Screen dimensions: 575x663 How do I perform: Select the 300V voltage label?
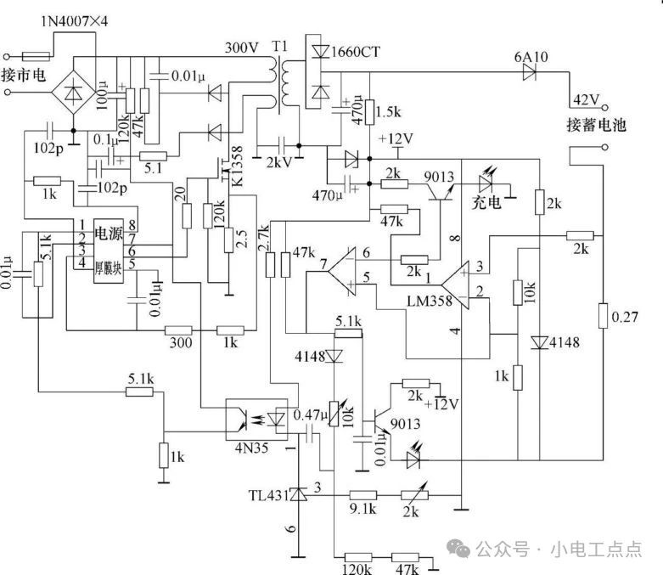241,48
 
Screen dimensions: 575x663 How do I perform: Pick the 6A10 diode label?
532,58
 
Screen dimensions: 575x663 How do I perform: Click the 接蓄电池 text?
596,125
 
